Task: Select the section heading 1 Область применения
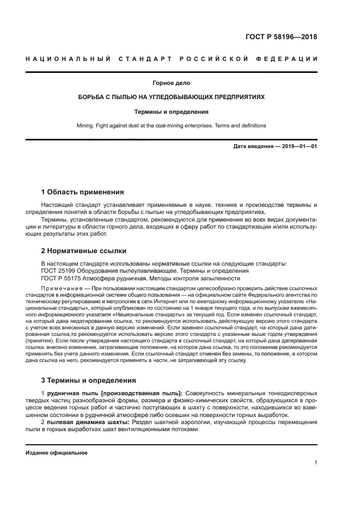(x=82, y=192)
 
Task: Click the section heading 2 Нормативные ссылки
(x=84, y=251)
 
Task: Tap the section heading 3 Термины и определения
(x=89, y=380)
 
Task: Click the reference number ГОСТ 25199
(x=57, y=271)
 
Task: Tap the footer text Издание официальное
(x=56, y=452)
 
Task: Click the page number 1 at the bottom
(x=316, y=463)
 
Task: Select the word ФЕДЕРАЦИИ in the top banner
(x=291, y=59)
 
